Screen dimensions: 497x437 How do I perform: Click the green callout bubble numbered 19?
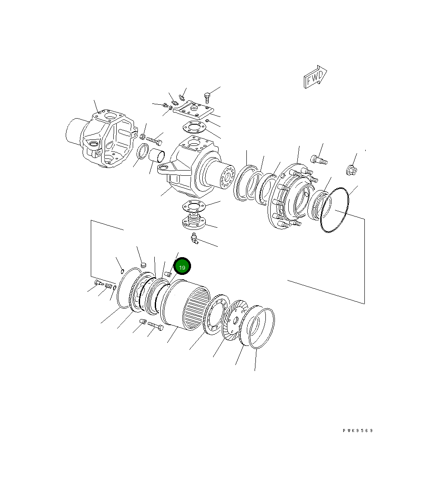[x=182, y=268]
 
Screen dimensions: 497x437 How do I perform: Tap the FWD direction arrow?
[x=315, y=78]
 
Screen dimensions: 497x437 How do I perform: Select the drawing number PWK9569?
[x=357, y=431]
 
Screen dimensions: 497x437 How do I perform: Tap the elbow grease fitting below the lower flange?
[x=195, y=238]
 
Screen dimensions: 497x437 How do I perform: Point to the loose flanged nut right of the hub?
[x=351, y=170]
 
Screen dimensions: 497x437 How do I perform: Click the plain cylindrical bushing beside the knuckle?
[x=157, y=155]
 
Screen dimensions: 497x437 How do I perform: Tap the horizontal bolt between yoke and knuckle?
[x=154, y=140]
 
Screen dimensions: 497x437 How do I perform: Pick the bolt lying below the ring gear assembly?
[x=155, y=326]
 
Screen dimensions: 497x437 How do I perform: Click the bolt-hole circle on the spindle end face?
[x=226, y=177]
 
